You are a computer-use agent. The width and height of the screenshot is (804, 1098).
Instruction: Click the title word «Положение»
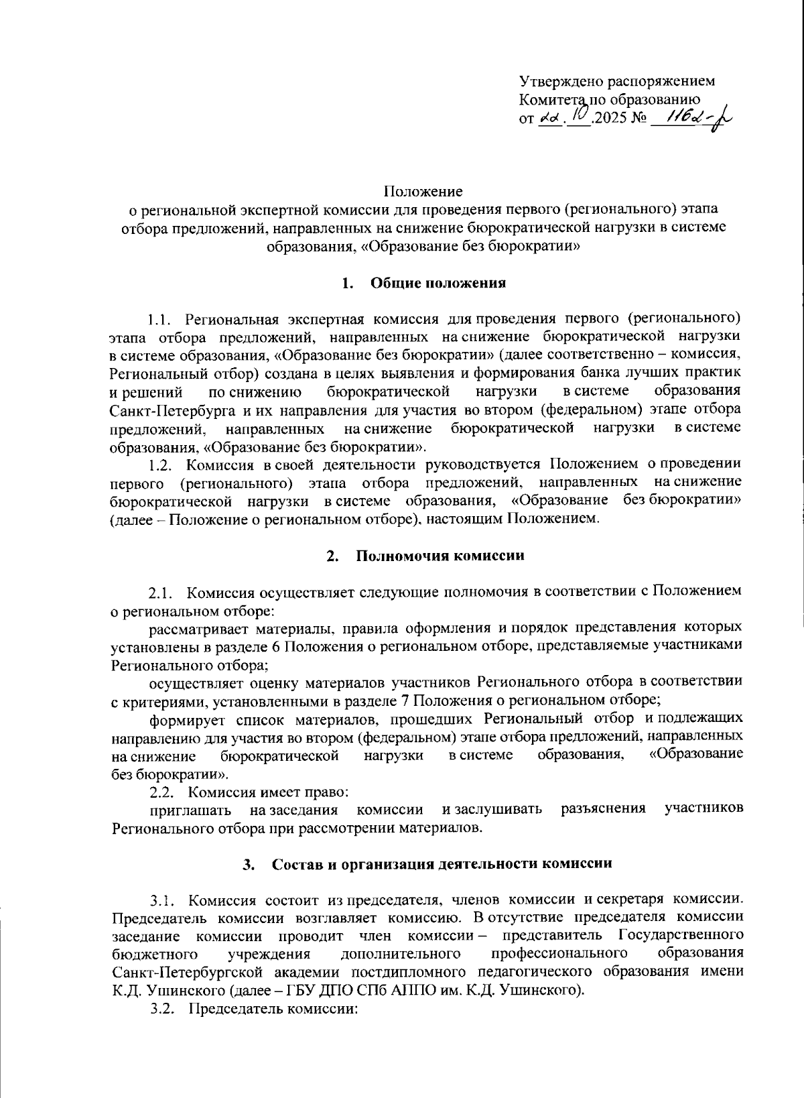point(423,192)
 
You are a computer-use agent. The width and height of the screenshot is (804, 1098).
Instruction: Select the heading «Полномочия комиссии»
point(440,556)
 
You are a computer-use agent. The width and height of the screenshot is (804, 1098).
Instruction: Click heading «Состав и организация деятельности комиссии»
point(442,864)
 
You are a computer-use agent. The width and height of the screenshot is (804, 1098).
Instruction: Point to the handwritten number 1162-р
point(690,119)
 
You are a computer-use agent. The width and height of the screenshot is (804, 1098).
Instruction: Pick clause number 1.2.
point(163,464)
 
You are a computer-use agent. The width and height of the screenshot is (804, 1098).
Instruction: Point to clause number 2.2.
point(163,792)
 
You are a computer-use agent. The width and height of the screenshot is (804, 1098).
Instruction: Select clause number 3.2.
point(163,1009)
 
